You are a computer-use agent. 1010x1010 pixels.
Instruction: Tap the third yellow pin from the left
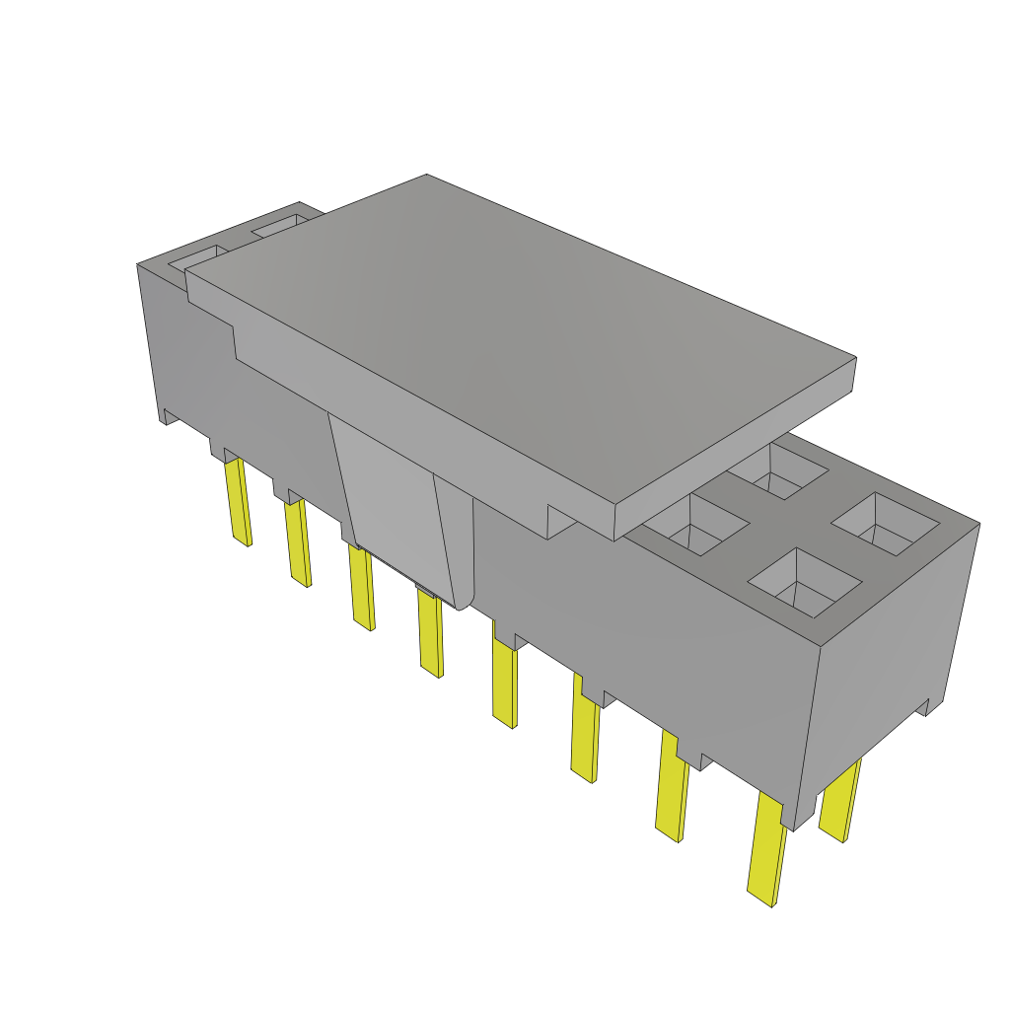pos(361,587)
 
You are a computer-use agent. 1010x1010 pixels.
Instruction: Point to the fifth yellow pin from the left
pos(504,685)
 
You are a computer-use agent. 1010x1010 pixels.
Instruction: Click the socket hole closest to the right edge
pos(885,525)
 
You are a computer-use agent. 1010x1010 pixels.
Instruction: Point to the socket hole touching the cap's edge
pos(698,523)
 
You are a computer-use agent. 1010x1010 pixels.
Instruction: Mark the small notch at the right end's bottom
pos(921,707)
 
